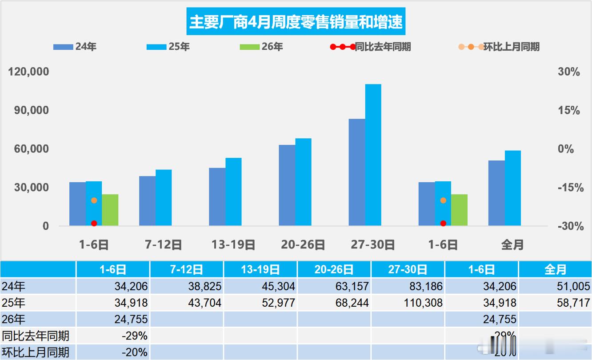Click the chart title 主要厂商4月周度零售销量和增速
(x=296, y=22)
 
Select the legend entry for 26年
(x=261, y=47)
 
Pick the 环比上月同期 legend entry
(x=500, y=47)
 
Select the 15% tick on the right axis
(x=569, y=111)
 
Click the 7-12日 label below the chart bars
(x=164, y=244)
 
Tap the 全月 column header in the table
(x=555, y=269)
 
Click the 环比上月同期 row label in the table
(x=36, y=352)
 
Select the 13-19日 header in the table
(x=260, y=269)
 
